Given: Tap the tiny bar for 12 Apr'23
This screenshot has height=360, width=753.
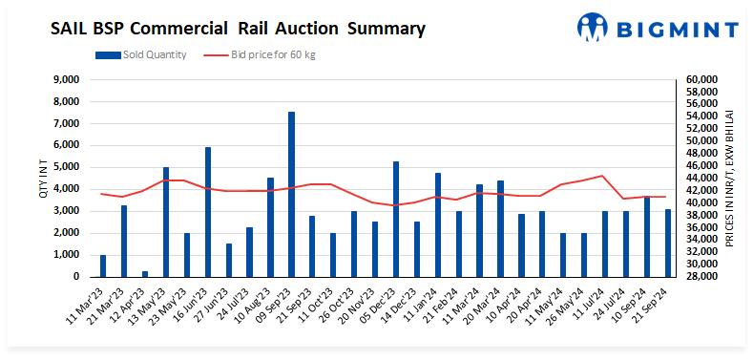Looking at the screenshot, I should [x=145, y=273].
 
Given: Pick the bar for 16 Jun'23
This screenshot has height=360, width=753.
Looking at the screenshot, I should [x=208, y=212].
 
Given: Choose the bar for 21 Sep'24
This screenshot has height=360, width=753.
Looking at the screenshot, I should [x=668, y=243].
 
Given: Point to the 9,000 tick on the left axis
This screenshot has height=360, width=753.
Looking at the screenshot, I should [x=66, y=79].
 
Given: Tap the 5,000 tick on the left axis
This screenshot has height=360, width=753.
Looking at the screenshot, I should [x=66, y=167].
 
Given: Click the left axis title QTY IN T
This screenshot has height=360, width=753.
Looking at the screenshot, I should [x=43, y=179].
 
